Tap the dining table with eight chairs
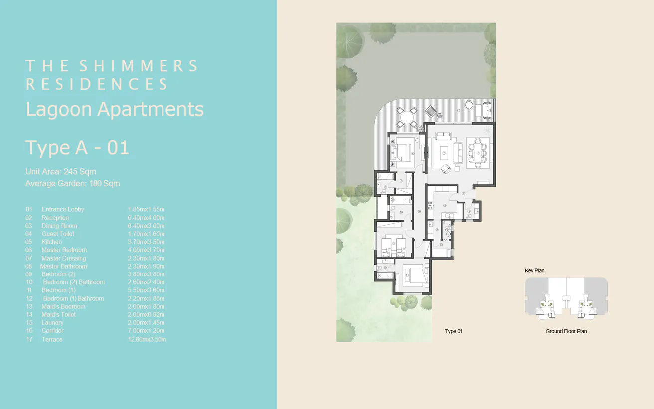pos(478,153)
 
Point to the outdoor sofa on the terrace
pos(487,110)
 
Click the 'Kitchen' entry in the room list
pos(52,242)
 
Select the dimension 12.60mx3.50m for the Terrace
pos(147,339)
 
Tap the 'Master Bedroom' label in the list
pos(64,250)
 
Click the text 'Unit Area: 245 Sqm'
pos(60,172)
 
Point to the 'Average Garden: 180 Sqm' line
pos(72,184)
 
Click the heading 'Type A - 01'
pos(77,148)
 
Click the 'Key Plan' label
pos(534,271)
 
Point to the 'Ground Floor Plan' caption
pos(566,331)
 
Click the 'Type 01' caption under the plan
pos(454,331)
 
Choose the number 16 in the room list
pos(29,331)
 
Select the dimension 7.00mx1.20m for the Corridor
pos(146,331)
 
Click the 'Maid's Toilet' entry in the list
pos(58,315)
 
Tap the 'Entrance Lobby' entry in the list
pos(63,210)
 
